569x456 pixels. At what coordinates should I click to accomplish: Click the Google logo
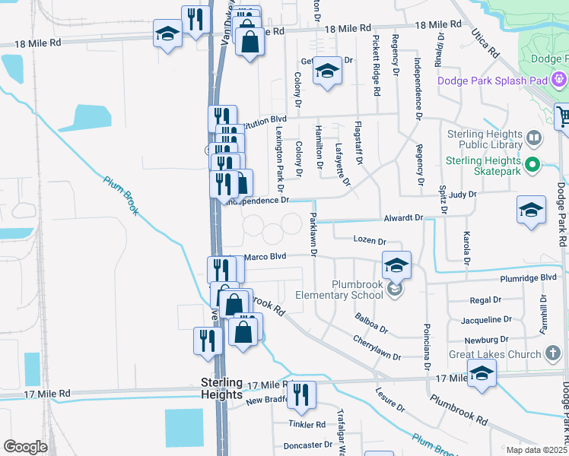coord(25,447)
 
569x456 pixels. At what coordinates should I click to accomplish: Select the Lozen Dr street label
coord(370,239)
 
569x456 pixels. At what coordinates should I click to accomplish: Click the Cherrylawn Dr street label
coord(377,349)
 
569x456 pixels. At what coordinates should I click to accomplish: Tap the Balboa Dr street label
coord(372,323)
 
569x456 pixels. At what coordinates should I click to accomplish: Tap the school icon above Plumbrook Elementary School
coord(396,264)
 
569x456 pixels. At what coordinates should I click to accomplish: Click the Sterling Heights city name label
coord(221,388)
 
